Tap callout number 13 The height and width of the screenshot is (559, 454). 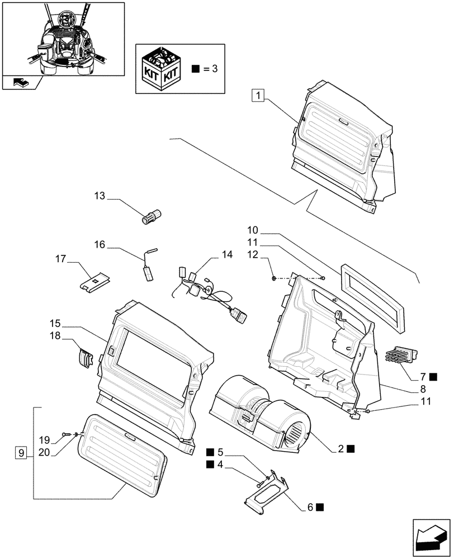click(100, 196)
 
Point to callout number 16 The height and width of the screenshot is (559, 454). click(100, 244)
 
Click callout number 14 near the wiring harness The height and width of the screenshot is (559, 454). click(226, 254)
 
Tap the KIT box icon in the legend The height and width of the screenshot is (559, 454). click(162, 69)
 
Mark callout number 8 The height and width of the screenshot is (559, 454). click(423, 389)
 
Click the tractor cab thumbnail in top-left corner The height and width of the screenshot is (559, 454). click(63, 39)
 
